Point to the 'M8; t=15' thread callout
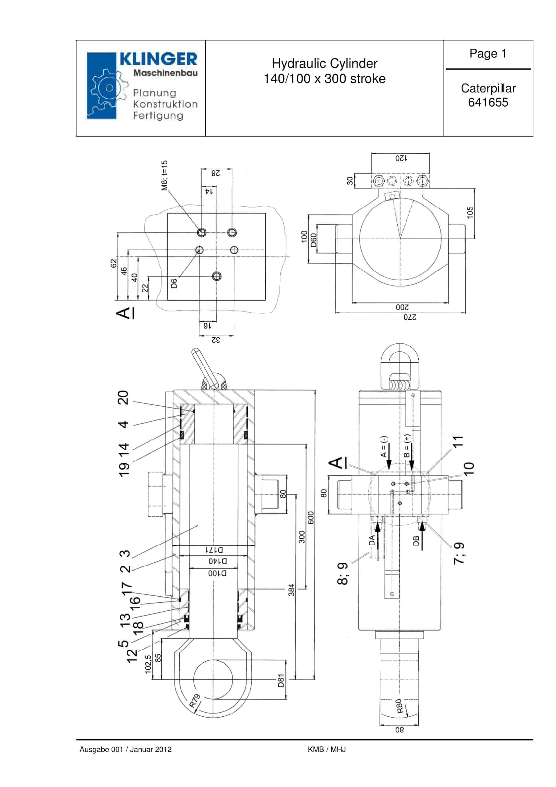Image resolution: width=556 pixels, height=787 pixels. (164, 175)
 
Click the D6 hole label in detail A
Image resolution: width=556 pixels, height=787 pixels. (174, 283)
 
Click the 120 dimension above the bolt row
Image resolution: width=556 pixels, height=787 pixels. (401, 158)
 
